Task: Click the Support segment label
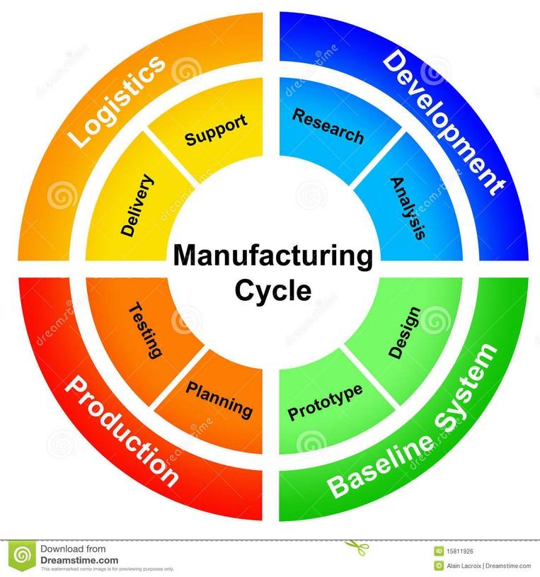216,130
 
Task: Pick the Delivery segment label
137,205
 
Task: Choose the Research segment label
328,126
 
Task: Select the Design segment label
404,332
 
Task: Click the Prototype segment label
325,402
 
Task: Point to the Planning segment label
219,398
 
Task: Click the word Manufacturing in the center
272,257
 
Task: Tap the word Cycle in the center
273,290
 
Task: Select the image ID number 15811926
463,550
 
